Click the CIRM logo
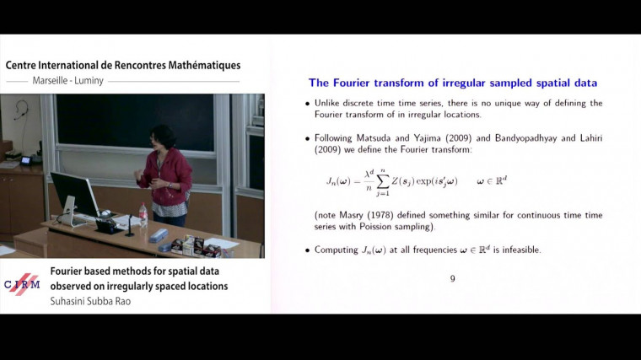(23, 285)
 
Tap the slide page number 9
(452, 279)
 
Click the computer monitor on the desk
(74, 195)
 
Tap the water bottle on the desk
(143, 215)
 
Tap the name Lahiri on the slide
(589, 137)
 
